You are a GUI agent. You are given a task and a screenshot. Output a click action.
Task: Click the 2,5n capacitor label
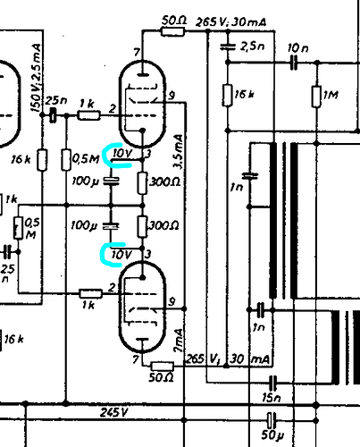(x=252, y=46)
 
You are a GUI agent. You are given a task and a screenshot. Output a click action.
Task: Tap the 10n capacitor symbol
(x=294, y=63)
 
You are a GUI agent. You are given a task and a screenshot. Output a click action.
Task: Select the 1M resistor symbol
(x=316, y=96)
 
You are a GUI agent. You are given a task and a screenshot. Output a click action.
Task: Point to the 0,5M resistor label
(x=86, y=158)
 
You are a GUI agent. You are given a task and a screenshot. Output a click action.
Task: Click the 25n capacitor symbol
(x=53, y=114)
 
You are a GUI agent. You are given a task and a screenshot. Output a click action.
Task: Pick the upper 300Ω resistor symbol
(x=143, y=182)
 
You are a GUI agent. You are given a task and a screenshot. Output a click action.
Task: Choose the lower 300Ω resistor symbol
(x=143, y=227)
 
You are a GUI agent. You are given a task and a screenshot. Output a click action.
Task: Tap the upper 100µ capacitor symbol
(x=111, y=181)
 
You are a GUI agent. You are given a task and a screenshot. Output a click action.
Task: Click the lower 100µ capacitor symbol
(x=111, y=226)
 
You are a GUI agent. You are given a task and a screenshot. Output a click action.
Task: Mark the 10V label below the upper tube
(x=122, y=154)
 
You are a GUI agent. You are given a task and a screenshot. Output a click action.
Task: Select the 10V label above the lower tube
(x=121, y=255)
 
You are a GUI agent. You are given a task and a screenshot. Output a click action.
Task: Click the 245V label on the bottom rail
(x=114, y=412)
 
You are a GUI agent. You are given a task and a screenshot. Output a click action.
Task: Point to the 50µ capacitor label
(x=272, y=434)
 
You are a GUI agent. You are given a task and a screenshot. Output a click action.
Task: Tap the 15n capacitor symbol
(x=272, y=383)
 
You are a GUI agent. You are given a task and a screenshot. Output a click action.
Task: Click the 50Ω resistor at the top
(x=172, y=31)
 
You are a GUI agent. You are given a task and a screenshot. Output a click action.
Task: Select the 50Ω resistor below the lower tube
(x=163, y=366)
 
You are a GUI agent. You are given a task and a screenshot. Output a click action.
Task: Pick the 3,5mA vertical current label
(x=179, y=152)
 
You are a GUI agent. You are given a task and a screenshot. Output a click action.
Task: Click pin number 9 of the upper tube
(x=172, y=96)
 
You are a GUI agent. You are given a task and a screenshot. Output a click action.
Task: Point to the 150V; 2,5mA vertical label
(x=37, y=78)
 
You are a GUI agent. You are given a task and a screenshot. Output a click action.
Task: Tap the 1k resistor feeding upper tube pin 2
(x=88, y=115)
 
